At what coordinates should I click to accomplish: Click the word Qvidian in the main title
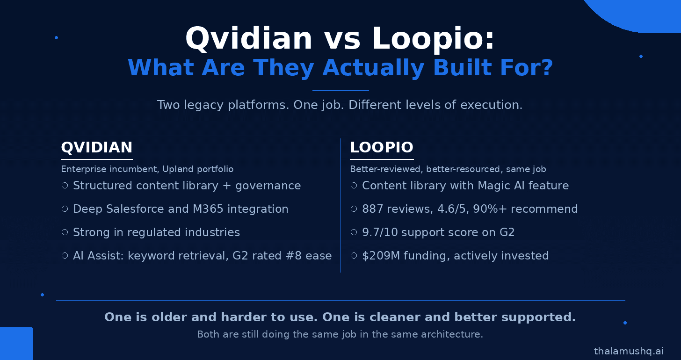pyautogui.click(x=249, y=39)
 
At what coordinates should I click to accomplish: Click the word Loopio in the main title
pyautogui.click(x=433, y=39)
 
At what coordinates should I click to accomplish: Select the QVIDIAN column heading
pyautogui.click(x=97, y=147)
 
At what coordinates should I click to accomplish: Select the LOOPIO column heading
pyautogui.click(x=382, y=147)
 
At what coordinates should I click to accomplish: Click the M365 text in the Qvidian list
pyautogui.click(x=208, y=209)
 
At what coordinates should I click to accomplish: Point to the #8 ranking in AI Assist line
pyautogui.click(x=294, y=256)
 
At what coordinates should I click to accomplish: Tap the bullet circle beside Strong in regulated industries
pyautogui.click(x=65, y=232)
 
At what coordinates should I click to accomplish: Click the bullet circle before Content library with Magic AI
pyautogui.click(x=354, y=185)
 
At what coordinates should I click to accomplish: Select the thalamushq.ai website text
pyautogui.click(x=629, y=351)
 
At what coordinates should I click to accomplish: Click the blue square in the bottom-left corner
pyautogui.click(x=16, y=344)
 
